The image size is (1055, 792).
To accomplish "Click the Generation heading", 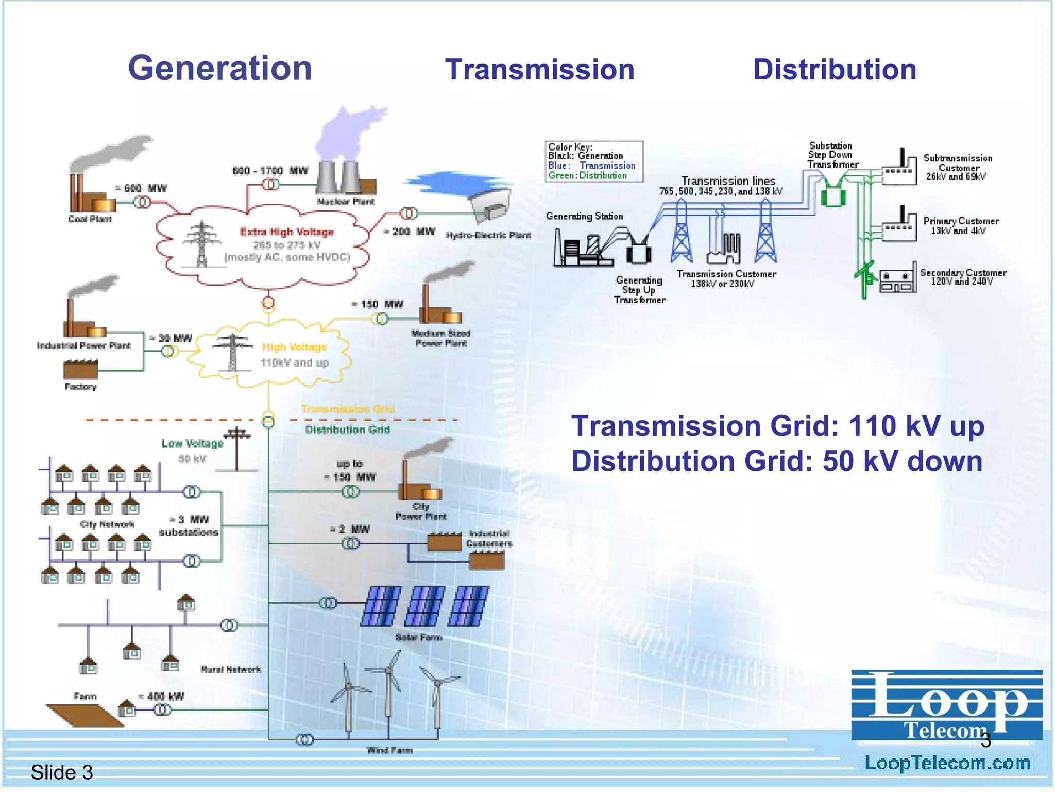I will tap(220, 69).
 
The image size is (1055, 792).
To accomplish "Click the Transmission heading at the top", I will tap(539, 70).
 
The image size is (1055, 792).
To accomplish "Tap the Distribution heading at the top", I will tap(835, 70).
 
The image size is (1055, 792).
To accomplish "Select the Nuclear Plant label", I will tap(346, 202).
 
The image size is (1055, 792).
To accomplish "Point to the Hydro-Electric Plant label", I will tap(488, 236).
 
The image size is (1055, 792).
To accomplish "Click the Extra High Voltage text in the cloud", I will tap(287, 232).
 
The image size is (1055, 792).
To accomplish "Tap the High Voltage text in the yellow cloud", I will tap(295, 347).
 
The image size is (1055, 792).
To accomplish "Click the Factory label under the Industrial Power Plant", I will tap(81, 387).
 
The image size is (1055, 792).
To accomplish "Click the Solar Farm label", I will tap(419, 638).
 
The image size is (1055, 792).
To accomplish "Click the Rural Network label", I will tap(231, 670).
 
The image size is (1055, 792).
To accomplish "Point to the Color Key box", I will tap(594, 161).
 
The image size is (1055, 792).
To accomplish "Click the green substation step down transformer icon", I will tap(833, 195).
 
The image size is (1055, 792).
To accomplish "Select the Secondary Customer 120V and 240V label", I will tap(963, 277).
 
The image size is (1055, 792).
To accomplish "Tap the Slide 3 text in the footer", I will tap(62, 772).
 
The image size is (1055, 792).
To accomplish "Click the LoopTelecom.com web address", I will tap(947, 763).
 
